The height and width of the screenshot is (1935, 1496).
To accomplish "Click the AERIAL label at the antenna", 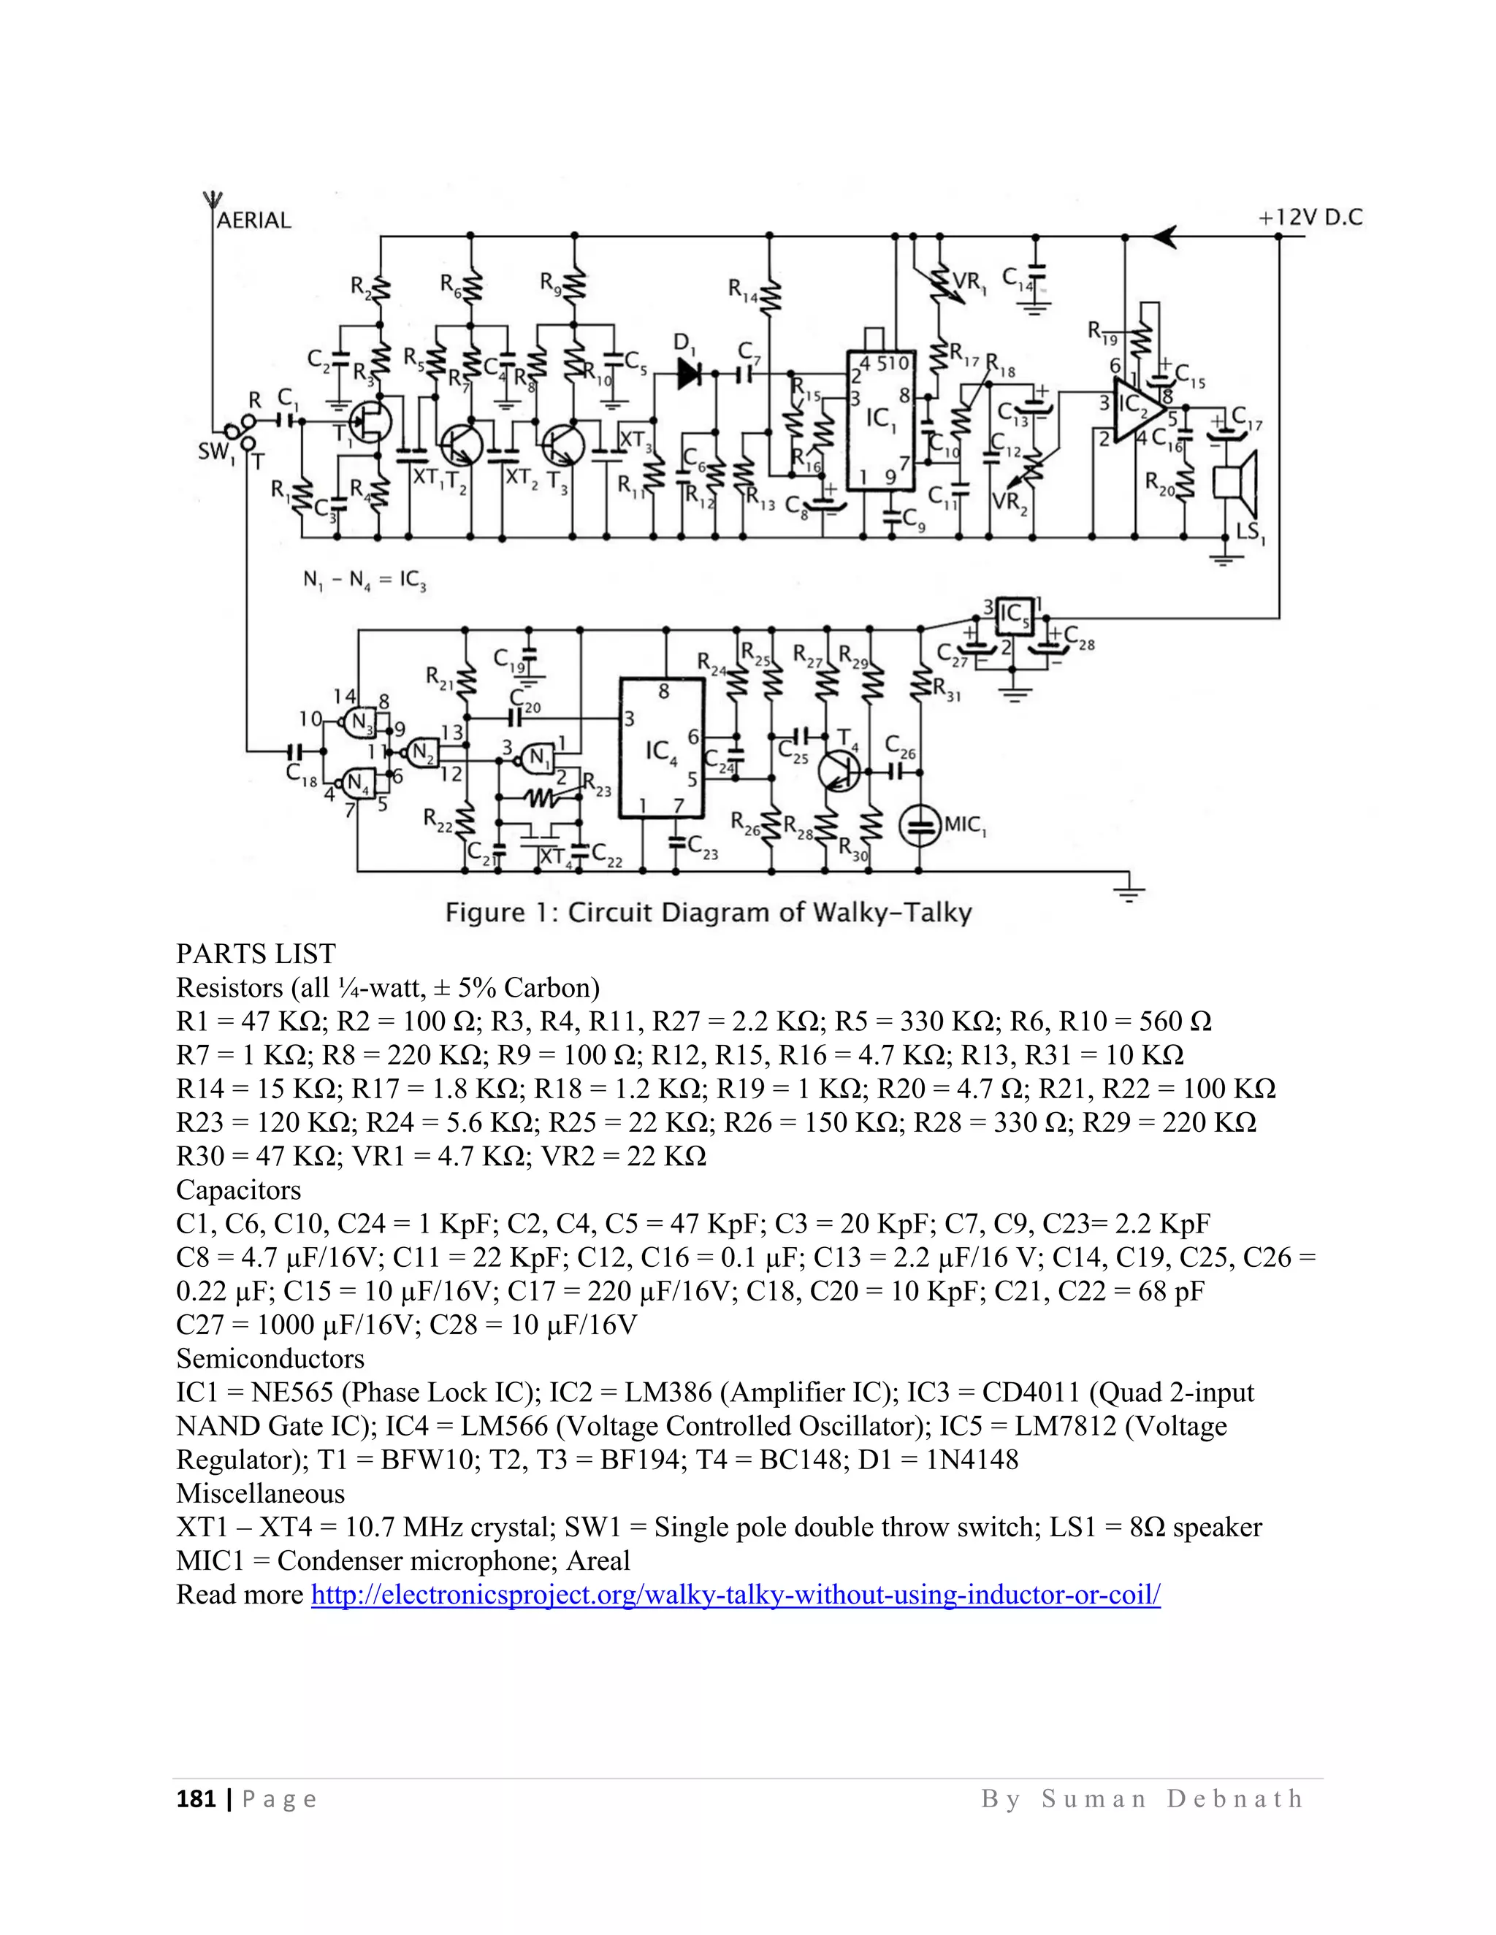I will [x=253, y=220].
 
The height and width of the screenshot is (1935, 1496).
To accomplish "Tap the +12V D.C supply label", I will [x=1310, y=217].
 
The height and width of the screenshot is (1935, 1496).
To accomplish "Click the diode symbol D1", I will [x=690, y=373].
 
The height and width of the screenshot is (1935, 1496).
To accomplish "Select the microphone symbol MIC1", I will [x=920, y=827].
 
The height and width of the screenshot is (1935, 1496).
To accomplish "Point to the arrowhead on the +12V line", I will [x=1164, y=237].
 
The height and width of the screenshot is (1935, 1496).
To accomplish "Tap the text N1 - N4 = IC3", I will [x=365, y=580].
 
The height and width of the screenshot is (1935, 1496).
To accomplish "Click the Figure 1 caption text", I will [x=708, y=913].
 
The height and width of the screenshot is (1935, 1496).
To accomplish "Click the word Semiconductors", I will [x=270, y=1358].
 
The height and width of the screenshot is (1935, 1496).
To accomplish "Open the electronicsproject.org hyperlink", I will [x=735, y=1595].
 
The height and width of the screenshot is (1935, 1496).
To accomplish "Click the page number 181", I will [x=196, y=1798].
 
